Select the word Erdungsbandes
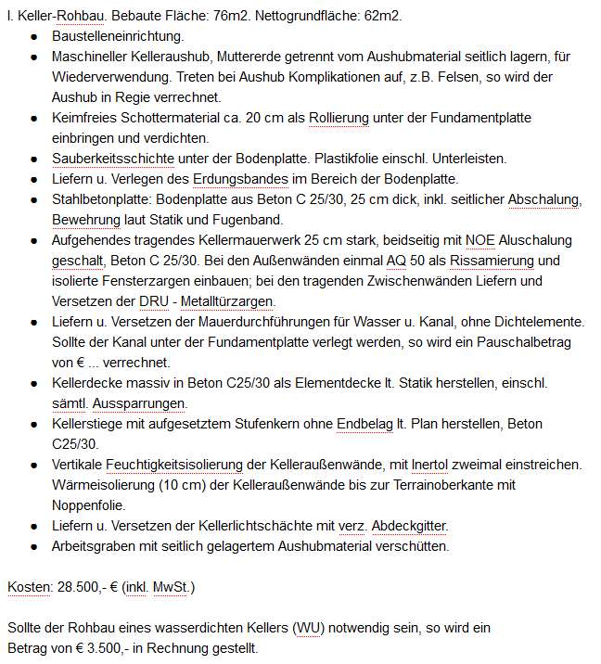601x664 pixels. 235,179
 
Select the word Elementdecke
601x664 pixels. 318,383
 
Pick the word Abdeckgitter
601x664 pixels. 409,526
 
